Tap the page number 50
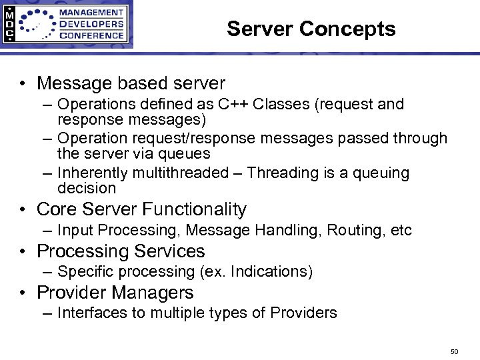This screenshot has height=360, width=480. click(455, 351)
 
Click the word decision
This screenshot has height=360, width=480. click(87, 189)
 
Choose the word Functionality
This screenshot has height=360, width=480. click(193, 209)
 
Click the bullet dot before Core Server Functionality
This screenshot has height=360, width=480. click(23, 210)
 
